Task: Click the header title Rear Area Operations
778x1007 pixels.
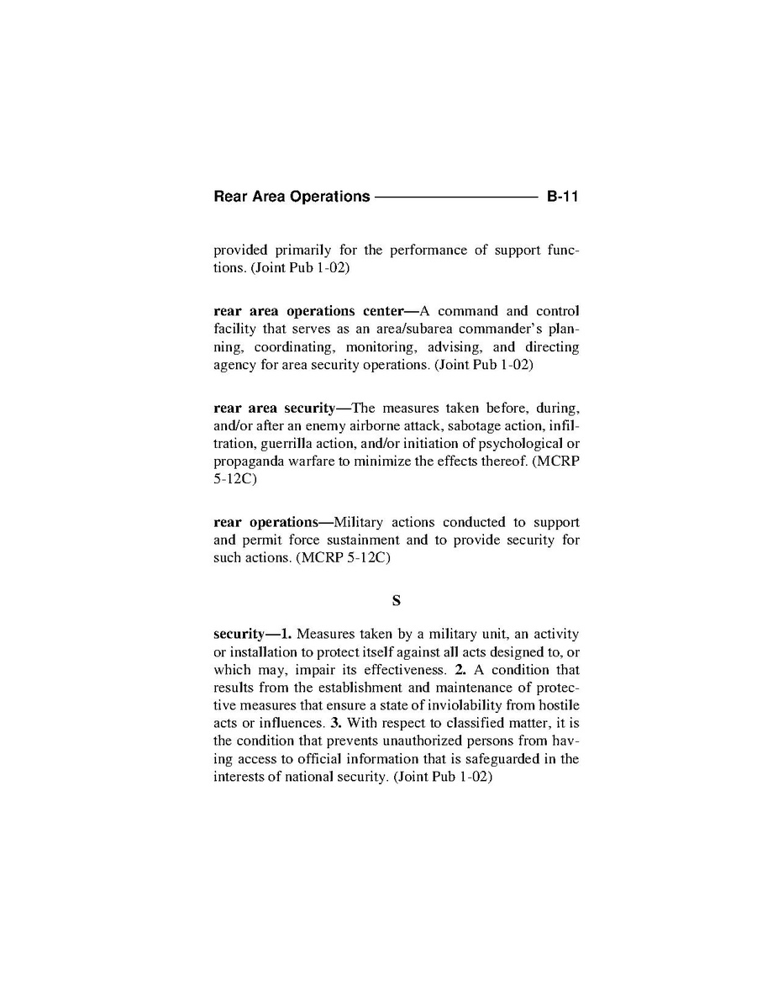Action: [x=292, y=197]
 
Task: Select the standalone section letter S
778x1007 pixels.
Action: [x=396, y=600]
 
